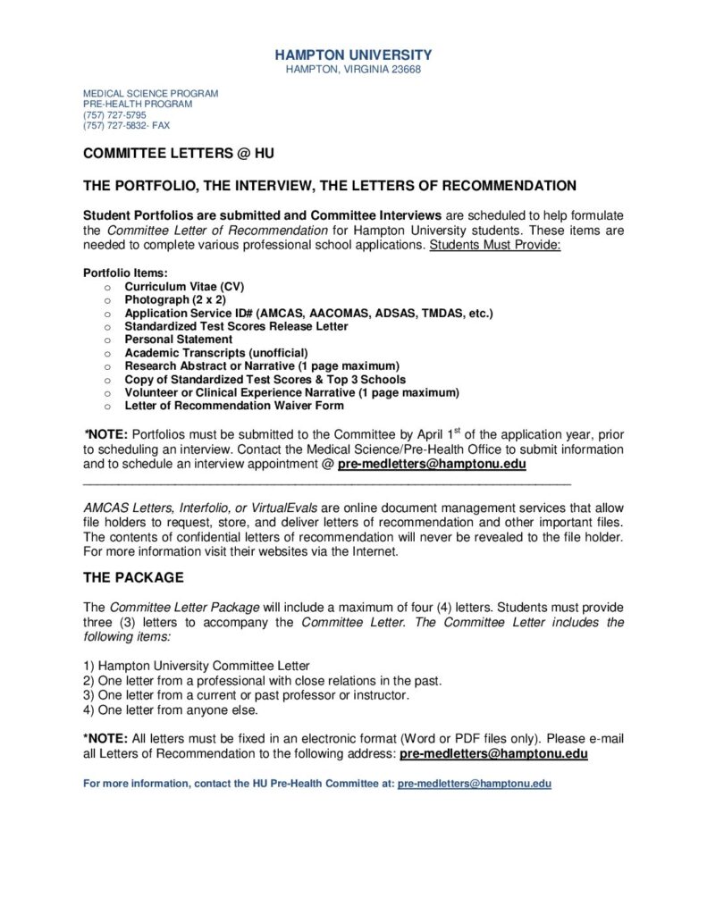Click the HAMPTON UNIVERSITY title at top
[x=353, y=55]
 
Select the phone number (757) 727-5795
[x=115, y=115]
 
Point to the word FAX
[x=160, y=126]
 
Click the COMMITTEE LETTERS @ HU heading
[x=179, y=154]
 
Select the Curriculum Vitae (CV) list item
[x=184, y=287]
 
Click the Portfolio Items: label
[x=125, y=273]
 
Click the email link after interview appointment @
[x=432, y=465]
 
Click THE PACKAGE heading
[x=133, y=577]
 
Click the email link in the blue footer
[x=475, y=784]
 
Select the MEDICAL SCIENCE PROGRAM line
[x=150, y=94]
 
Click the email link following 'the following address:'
[x=493, y=754]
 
